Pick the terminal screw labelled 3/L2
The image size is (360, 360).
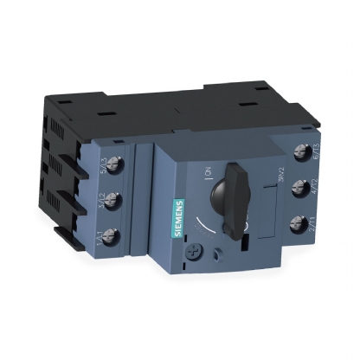point(112,201)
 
